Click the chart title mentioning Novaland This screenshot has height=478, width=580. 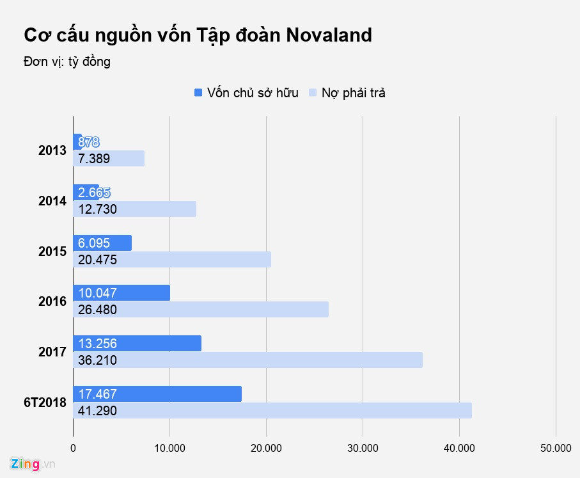[198, 35]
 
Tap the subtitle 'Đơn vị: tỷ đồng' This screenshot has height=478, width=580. [67, 62]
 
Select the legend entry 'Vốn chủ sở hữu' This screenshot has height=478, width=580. [246, 93]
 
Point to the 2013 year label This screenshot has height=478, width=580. [52, 151]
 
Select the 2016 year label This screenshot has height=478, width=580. [52, 301]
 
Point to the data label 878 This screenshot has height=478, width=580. [88, 142]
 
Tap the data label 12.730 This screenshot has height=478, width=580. [97, 209]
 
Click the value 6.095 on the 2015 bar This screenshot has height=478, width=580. [94, 243]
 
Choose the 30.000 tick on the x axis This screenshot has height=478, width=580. [363, 448]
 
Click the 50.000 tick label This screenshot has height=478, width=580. [556, 448]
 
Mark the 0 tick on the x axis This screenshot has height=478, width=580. [74, 448]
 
